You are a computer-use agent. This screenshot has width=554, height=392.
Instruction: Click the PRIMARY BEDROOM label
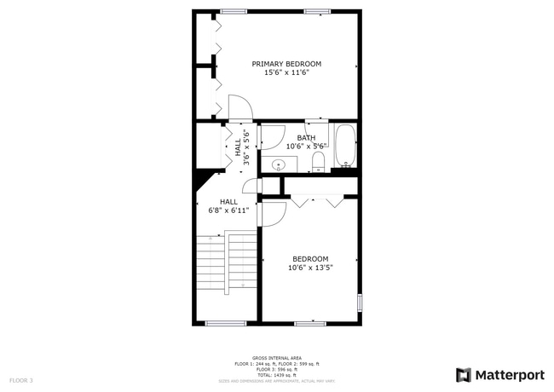tap(286, 64)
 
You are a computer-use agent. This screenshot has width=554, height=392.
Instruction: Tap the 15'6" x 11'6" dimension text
tap(286, 73)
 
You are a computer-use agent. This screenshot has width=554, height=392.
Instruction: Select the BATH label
tap(306, 138)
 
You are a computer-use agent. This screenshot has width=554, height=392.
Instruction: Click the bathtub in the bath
tap(344, 146)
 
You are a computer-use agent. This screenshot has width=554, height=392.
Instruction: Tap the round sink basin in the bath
tap(278, 165)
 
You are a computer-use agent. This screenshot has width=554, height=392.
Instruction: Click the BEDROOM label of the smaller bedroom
tap(310, 259)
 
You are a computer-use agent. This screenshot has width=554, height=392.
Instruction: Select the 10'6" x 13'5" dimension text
tap(310, 268)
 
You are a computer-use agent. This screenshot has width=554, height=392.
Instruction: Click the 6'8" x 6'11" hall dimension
tap(229, 210)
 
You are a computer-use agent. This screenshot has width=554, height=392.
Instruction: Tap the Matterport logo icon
tap(464, 375)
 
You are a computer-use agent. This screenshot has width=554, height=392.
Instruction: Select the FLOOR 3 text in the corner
tap(21, 379)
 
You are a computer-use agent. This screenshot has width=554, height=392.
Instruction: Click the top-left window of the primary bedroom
tap(233, 11)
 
